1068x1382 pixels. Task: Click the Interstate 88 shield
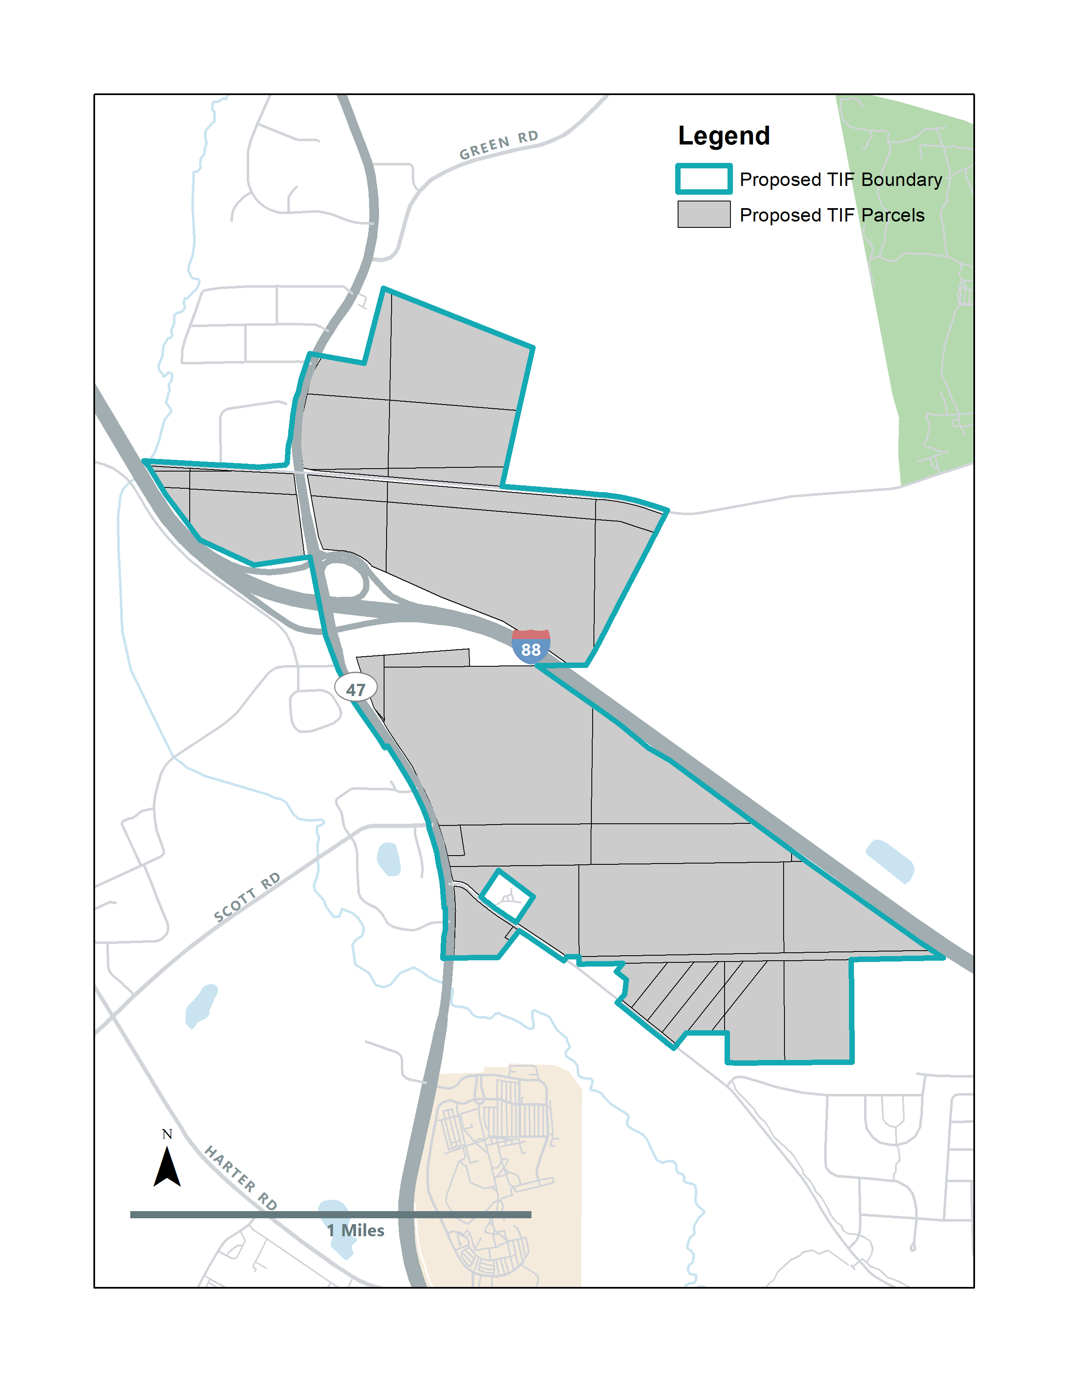coord(531,647)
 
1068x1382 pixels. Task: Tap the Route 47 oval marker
coord(356,688)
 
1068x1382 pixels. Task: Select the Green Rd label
coord(498,146)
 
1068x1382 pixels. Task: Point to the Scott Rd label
coord(247,897)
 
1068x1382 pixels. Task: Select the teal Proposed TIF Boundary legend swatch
coord(704,179)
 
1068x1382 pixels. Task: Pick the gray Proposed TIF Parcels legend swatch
coord(704,214)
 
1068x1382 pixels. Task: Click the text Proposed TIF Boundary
coord(840,180)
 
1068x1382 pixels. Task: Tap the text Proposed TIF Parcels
coord(831,215)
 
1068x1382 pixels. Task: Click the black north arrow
coord(167,1168)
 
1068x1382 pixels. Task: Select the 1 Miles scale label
coord(356,1230)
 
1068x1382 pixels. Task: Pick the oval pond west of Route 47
coord(389,859)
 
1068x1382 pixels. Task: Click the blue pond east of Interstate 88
coord(890,861)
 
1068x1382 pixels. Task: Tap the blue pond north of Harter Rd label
coord(201,1006)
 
